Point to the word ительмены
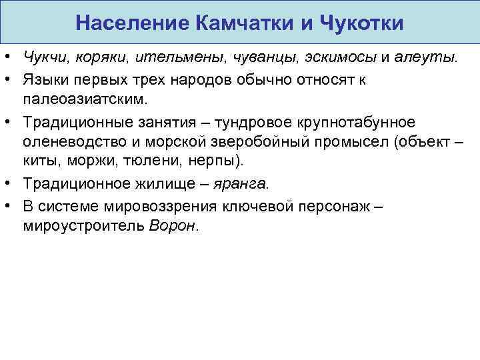(x=190, y=58)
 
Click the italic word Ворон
(x=173, y=225)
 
